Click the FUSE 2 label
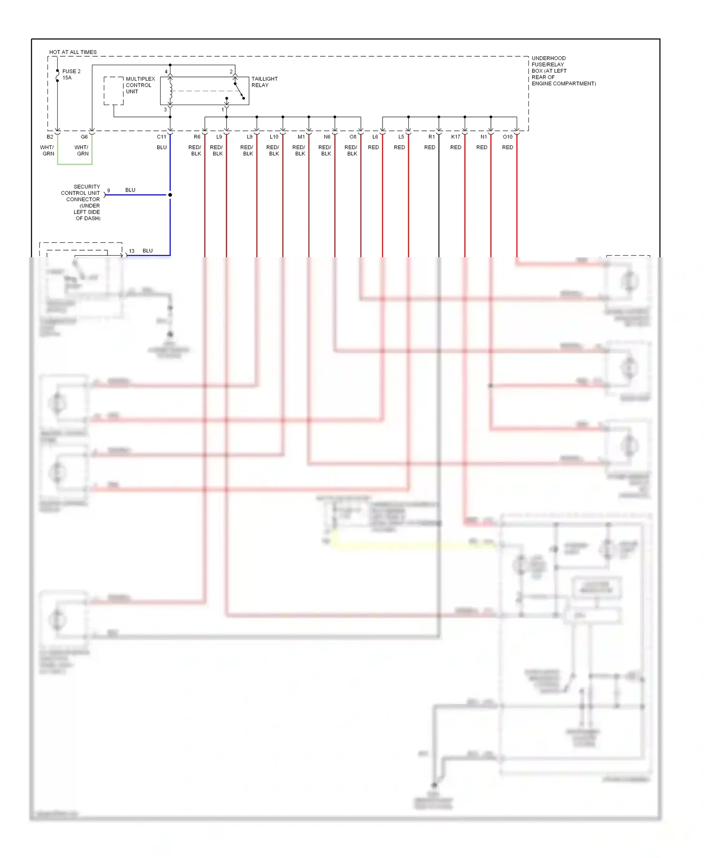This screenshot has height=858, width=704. coord(71,71)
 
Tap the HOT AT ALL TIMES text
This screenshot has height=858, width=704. coord(73,52)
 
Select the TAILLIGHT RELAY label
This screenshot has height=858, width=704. coord(264,82)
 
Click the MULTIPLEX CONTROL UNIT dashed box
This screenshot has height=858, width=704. coord(113,91)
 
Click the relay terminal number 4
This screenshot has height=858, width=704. coord(166,72)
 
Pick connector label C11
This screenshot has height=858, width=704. coord(161,137)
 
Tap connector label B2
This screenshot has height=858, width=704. coord(50,137)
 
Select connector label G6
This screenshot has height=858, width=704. coord(84,137)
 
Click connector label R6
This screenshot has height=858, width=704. coord(197,137)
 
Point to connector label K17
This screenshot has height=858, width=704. coord(456,137)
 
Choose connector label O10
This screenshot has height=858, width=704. coord(507,137)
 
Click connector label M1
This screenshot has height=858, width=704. coord(301,137)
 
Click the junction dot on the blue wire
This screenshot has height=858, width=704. coord(170,195)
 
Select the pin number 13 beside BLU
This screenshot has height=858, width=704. coord(132,251)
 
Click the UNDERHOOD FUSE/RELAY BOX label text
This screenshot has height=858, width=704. coord(563,71)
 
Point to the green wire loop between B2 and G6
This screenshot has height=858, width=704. coord(75,164)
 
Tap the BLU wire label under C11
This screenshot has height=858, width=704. coord(161,147)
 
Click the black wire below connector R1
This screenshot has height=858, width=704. coord(439,197)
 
